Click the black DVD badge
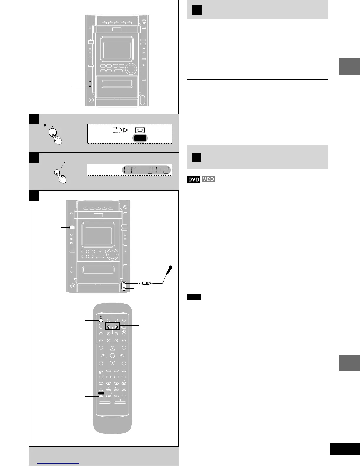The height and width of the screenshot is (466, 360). tap(194, 179)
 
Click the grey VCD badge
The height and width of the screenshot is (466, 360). tap(208, 179)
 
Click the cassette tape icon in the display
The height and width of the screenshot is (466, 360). tap(140, 130)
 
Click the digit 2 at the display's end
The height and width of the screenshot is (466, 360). tap(166, 170)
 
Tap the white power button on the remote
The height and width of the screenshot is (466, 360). tap(101, 320)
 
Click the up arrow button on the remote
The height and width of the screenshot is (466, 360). tap(112, 348)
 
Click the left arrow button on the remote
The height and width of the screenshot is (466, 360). tap(103, 356)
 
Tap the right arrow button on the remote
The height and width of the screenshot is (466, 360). tap(121, 356)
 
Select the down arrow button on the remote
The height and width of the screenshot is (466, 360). tap(112, 363)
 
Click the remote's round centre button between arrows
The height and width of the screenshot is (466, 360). tap(112, 356)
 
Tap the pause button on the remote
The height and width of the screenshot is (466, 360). tap(116, 383)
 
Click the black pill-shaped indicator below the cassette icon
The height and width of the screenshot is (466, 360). tap(140, 138)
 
